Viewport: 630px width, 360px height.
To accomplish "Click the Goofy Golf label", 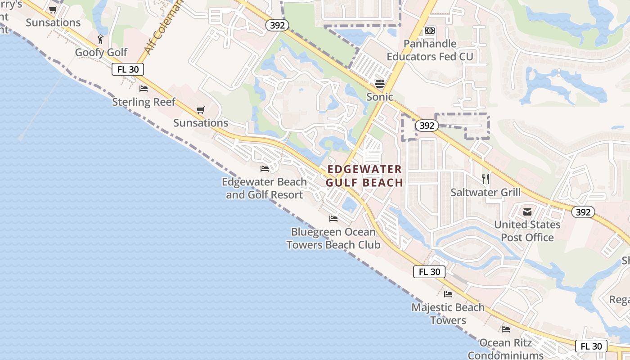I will click(x=101, y=52).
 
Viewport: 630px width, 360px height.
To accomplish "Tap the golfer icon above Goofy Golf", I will click(x=100, y=39).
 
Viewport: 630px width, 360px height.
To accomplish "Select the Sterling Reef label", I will click(x=144, y=102).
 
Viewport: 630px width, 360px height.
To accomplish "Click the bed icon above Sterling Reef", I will click(x=144, y=88).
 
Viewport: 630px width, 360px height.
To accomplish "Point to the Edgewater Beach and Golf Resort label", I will click(x=264, y=189).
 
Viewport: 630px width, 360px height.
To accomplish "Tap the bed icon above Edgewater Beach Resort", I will click(x=265, y=169).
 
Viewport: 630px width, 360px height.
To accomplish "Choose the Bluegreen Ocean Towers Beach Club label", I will click(x=333, y=238).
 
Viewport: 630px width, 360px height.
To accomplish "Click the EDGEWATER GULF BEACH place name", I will click(x=364, y=176).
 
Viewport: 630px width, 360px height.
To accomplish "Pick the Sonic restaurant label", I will click(x=379, y=97).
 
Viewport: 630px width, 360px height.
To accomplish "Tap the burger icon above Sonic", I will click(x=380, y=83).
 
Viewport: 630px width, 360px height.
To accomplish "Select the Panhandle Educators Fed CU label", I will click(x=430, y=50).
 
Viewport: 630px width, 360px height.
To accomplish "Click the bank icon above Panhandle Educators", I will click(x=430, y=31).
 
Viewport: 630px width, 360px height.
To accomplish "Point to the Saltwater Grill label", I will click(x=486, y=192).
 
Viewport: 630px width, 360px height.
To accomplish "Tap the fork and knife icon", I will click(x=486, y=179).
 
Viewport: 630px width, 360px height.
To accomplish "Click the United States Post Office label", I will click(x=527, y=231).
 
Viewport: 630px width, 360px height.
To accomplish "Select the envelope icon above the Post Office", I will click(x=527, y=212).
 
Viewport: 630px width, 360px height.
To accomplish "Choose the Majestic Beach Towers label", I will click(x=448, y=314).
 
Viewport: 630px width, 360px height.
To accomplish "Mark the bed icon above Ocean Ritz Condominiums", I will click(x=506, y=329).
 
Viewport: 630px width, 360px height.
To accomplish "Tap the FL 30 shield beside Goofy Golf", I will click(x=128, y=69).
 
